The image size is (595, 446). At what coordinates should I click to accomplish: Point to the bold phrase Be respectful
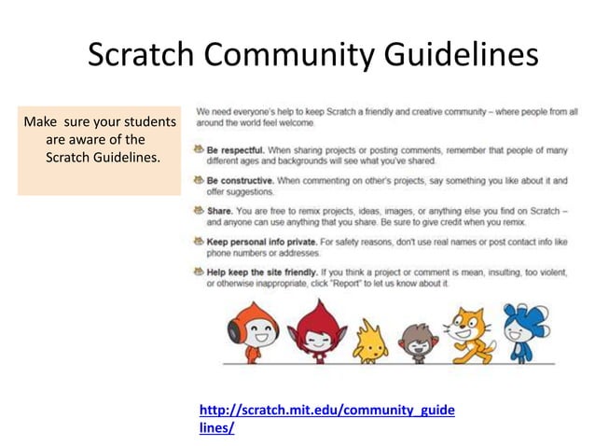pyautogui.click(x=237, y=149)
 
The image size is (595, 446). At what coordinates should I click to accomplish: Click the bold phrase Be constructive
pyautogui.click(x=240, y=179)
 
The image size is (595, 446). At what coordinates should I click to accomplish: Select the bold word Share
pyautogui.click(x=220, y=211)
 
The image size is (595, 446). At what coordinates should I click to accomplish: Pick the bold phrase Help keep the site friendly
pyautogui.click(x=269, y=272)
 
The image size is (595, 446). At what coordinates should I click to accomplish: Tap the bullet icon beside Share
pyautogui.click(x=198, y=211)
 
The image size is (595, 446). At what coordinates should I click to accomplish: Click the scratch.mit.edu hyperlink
pyautogui.click(x=327, y=418)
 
